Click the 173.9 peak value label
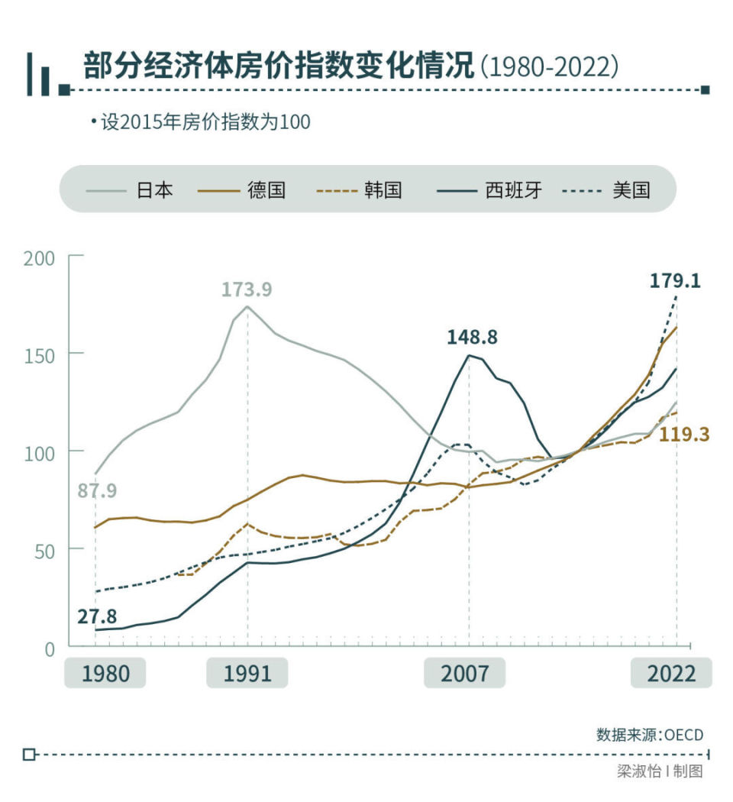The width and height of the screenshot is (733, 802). (247, 289)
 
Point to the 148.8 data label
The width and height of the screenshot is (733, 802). (472, 337)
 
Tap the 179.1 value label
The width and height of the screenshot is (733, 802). (675, 280)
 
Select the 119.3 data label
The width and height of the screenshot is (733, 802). (684, 435)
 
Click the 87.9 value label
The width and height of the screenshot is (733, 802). (97, 490)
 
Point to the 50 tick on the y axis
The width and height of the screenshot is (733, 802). (44, 550)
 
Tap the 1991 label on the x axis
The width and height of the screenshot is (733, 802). (247, 673)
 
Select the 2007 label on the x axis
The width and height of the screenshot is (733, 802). (464, 673)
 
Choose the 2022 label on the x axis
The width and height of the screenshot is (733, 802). (671, 673)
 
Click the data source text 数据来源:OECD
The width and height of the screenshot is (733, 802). (649, 735)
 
